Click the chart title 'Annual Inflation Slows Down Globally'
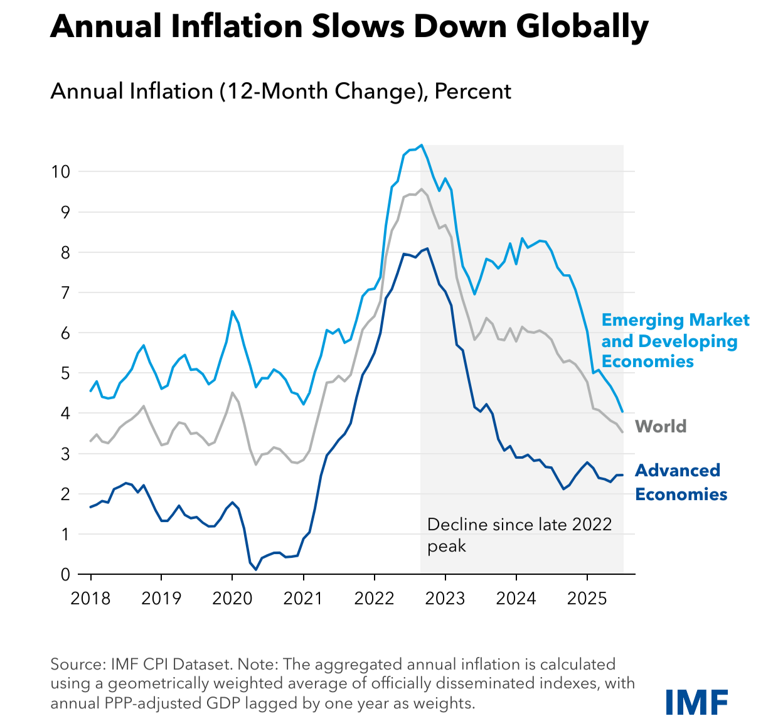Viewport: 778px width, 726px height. coord(349,26)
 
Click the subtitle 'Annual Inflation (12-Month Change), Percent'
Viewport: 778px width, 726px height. coord(280,92)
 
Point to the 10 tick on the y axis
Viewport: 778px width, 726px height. coord(61,171)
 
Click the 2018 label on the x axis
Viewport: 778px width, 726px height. coord(90,598)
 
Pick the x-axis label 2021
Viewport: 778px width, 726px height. coord(303,598)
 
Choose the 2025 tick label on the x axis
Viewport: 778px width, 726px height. coord(587,598)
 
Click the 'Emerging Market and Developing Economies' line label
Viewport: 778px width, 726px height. coord(674,341)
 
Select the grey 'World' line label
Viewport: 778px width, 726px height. coord(661,427)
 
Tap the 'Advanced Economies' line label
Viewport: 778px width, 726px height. coord(681,482)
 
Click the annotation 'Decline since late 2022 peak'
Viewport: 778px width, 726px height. coord(519,535)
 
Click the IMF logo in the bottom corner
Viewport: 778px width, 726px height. coord(696,702)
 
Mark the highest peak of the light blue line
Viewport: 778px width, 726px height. coord(422,145)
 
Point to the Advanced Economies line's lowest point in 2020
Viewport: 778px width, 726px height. coord(256,569)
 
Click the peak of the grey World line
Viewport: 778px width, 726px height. coord(421,189)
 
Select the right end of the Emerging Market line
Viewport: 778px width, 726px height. coord(622,412)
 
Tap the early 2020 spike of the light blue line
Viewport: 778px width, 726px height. coord(232,311)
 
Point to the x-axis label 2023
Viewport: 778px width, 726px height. coord(445,598)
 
